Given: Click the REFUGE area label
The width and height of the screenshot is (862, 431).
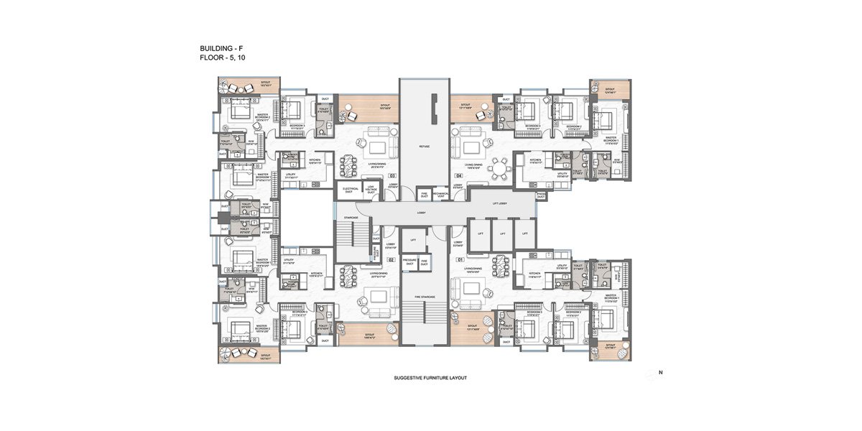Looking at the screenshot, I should click(x=424, y=146).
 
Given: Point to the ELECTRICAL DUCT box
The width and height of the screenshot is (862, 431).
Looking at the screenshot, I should click(x=351, y=190).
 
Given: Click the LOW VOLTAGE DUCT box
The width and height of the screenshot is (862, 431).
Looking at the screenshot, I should click(x=371, y=190).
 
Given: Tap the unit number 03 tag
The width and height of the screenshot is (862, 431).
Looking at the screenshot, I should click(x=392, y=175).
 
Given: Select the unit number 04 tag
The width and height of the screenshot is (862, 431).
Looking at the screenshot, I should click(x=458, y=175).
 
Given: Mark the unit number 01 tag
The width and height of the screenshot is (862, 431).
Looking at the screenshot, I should click(x=458, y=259).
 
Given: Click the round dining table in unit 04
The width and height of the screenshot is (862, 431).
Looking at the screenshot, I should click(x=501, y=167).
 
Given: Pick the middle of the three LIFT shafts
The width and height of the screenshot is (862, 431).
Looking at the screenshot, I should click(x=503, y=234).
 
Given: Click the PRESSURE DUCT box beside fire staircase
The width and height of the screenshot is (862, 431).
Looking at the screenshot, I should click(x=410, y=263).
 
